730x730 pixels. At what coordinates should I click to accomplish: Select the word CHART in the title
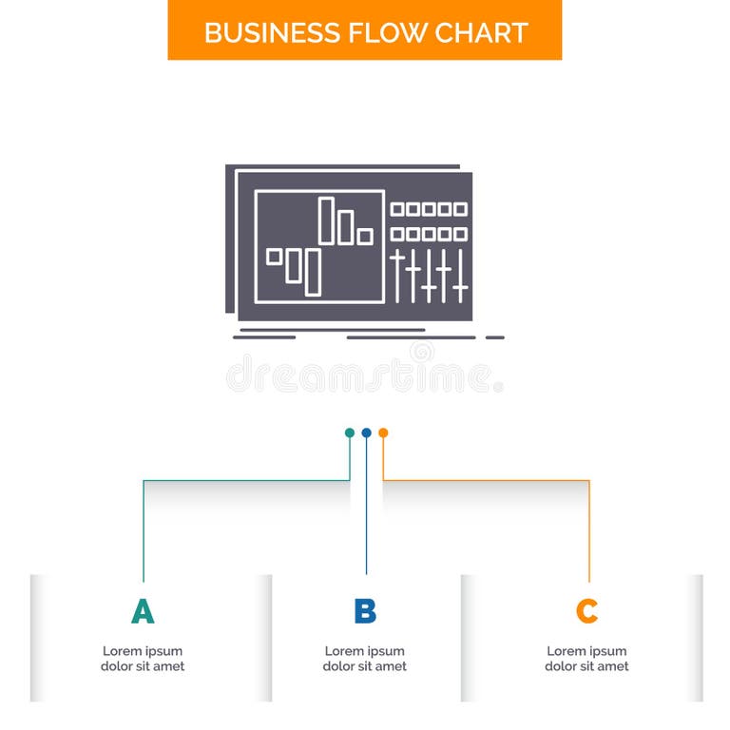pyautogui.click(x=481, y=31)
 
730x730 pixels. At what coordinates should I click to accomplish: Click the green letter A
pyautogui.click(x=143, y=611)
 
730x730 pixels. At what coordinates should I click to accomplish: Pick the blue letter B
pyautogui.click(x=365, y=611)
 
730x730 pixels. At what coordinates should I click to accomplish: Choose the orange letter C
pyautogui.click(x=587, y=611)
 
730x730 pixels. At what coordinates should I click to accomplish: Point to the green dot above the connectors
pyautogui.click(x=350, y=432)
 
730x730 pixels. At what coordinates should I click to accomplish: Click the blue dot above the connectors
pyautogui.click(x=366, y=432)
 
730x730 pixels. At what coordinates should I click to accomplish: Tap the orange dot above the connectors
pyautogui.click(x=383, y=432)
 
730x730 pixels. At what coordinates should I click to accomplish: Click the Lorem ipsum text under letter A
pyautogui.click(x=143, y=659)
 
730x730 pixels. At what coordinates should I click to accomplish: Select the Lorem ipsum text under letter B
pyautogui.click(x=365, y=659)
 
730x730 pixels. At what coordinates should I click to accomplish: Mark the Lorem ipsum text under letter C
pyautogui.click(x=587, y=659)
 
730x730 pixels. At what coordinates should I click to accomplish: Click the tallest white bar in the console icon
pyautogui.click(x=326, y=221)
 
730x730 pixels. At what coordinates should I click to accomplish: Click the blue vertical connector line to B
pyautogui.click(x=366, y=513)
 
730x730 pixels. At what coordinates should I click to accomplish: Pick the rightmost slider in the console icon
pyautogui.click(x=460, y=276)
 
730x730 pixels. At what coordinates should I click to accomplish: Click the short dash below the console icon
pyautogui.click(x=495, y=337)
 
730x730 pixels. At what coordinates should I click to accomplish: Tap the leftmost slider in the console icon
pyautogui.click(x=397, y=276)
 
